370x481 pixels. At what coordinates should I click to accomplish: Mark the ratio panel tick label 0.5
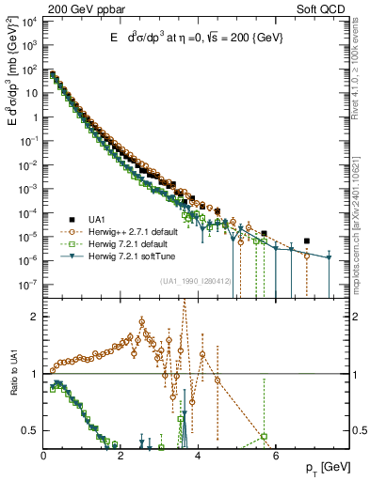pyautogui.click(x=31, y=430)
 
